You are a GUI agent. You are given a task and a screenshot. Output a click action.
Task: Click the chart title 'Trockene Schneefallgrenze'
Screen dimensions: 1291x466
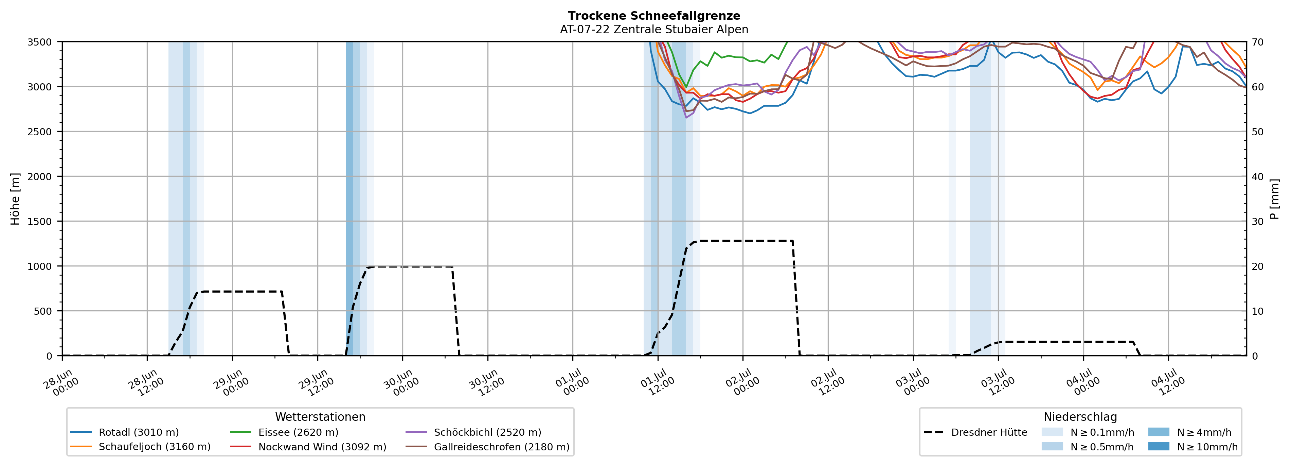(x=654, y=16)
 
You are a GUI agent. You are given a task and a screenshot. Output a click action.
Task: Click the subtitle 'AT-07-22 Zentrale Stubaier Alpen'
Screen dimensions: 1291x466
(x=654, y=30)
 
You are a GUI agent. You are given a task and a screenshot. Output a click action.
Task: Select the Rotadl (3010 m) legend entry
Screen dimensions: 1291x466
(x=125, y=432)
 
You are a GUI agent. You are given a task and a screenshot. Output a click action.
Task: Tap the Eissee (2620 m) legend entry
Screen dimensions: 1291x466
(x=284, y=432)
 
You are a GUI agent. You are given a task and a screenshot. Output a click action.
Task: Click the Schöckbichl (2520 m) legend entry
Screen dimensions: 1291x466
(x=473, y=432)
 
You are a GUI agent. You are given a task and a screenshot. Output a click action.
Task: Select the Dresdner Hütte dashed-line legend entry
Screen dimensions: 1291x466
(x=975, y=432)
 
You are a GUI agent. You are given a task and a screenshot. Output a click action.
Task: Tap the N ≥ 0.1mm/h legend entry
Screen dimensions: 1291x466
(x=1088, y=432)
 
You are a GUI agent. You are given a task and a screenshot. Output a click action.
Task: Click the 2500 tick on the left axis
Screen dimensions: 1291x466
(x=40, y=132)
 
